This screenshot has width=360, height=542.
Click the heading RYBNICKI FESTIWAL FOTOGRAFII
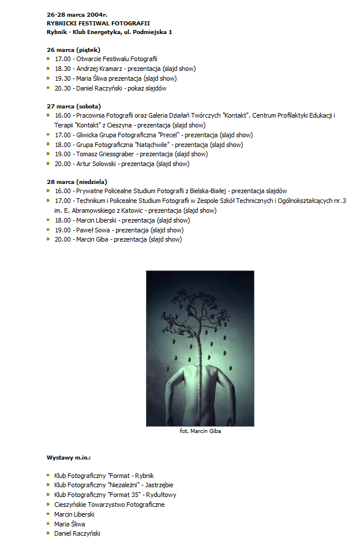tap(98, 22)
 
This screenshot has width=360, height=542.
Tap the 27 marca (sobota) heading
tap(73, 106)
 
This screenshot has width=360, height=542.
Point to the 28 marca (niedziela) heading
tap(77, 182)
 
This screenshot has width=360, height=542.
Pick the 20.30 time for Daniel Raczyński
tap(63, 88)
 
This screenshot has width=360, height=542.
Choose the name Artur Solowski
tap(96, 164)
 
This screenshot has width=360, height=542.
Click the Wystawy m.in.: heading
tap(69, 457)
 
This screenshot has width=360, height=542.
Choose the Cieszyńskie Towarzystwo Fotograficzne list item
tap(109, 505)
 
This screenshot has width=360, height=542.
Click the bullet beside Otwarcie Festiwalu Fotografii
tap(49, 59)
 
